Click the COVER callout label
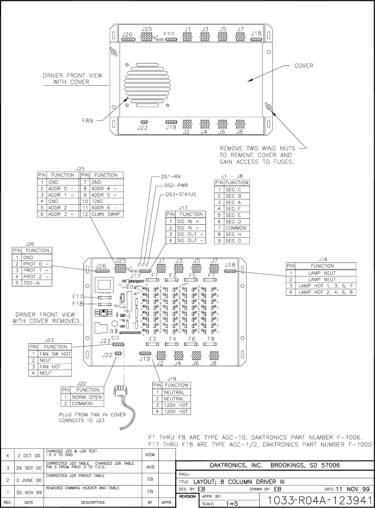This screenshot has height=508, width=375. [x=303, y=66]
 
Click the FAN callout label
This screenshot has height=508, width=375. [x=87, y=120]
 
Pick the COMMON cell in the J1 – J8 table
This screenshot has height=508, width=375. [x=236, y=228]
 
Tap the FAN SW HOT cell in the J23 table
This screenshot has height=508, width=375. [x=55, y=354]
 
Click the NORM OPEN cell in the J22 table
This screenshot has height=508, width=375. [x=87, y=397]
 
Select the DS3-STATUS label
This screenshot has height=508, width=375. [x=181, y=195]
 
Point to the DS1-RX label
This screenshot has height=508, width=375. [x=171, y=177]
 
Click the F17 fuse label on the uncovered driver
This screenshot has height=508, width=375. [x=78, y=297]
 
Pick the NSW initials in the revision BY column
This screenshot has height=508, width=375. [x=150, y=455]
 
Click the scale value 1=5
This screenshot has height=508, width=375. [x=232, y=503]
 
